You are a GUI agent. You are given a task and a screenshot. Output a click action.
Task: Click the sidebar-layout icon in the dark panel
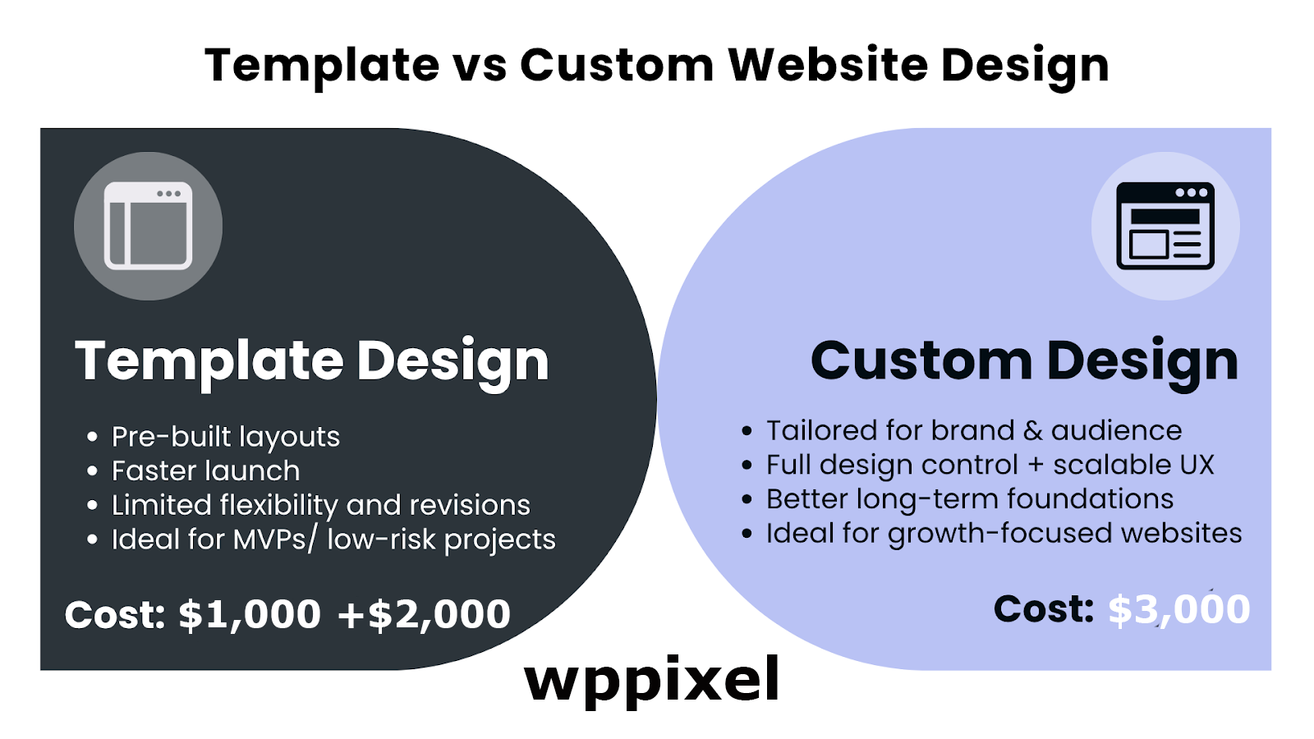click(148, 226)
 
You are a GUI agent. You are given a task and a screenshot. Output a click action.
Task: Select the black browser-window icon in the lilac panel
click(1165, 226)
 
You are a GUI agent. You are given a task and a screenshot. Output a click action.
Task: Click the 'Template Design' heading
click(312, 363)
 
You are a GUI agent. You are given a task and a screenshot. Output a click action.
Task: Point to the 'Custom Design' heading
click(1024, 363)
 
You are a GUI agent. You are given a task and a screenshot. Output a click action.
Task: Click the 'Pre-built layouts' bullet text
click(226, 437)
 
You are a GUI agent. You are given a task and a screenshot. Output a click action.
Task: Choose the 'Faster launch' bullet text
click(206, 471)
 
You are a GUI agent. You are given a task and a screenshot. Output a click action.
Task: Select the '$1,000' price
click(250, 615)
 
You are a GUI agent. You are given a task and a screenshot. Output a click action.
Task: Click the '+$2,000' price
click(424, 615)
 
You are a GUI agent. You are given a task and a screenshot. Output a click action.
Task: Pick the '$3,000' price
click(1179, 610)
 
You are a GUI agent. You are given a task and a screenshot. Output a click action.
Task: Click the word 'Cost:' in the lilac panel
click(1044, 609)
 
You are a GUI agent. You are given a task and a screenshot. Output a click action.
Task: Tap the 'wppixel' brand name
click(652, 681)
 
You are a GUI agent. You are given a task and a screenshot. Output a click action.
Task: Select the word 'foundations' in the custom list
click(1091, 499)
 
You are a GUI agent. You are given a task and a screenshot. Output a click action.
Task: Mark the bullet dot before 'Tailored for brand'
click(747, 432)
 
